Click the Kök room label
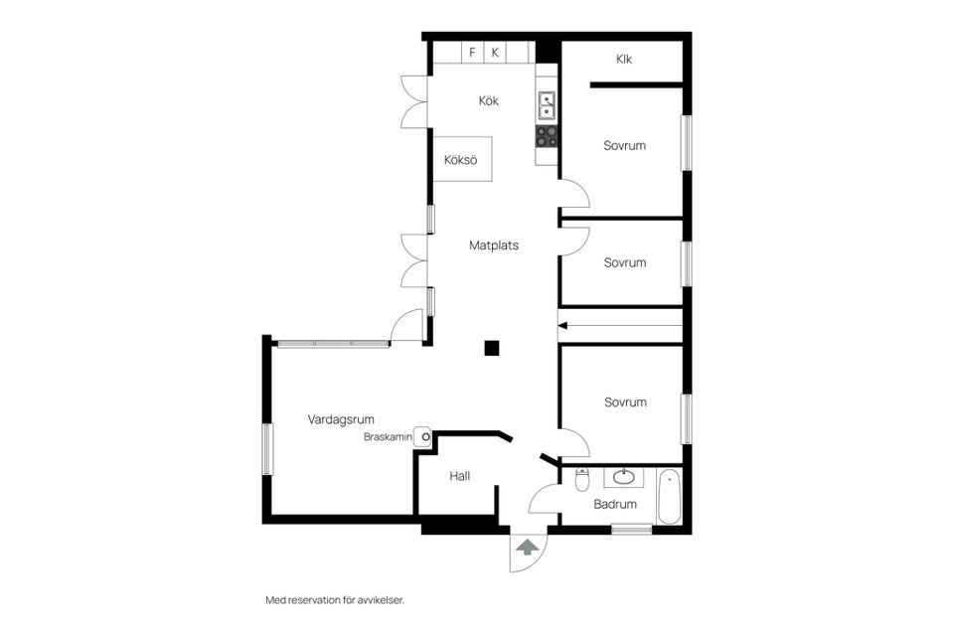point(489,100)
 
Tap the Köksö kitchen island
point(462,159)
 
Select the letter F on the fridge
point(472,53)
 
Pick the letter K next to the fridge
point(495,53)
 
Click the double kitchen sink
point(547,105)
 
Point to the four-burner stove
point(547,136)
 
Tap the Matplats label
point(494,245)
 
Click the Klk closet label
point(624,59)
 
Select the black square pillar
point(492,348)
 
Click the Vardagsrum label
point(341,419)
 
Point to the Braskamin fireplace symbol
point(423,436)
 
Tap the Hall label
point(460,476)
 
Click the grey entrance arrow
point(527,547)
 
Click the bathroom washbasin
point(624,477)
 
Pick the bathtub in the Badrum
point(669,496)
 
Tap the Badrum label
point(615,504)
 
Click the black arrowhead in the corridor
point(562,326)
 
